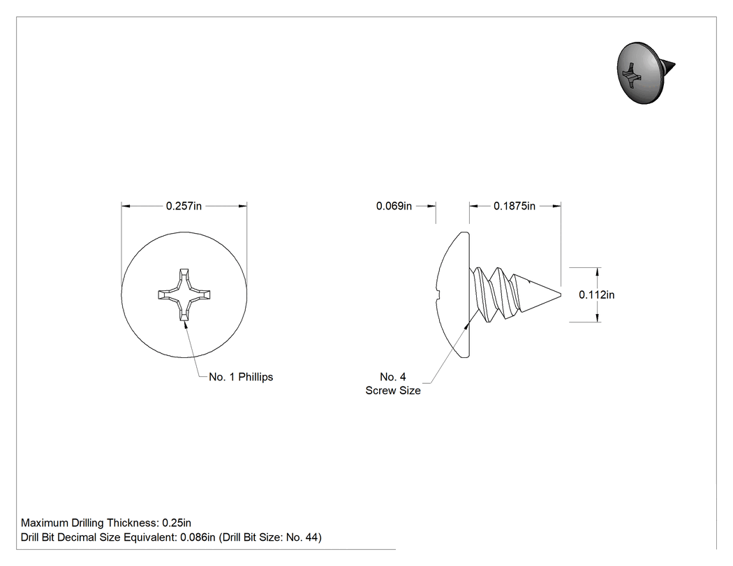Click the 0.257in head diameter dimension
184,206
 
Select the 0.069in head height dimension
394,206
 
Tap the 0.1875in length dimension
514,206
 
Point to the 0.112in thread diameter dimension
596,295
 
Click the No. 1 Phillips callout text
241,377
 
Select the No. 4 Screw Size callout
393,384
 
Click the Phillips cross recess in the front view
184,295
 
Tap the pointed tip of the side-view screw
560,295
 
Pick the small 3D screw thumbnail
646,73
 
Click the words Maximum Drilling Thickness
88,523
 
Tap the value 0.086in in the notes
198,537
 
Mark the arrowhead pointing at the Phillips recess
185,323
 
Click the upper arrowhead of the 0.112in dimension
598,272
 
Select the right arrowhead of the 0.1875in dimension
556,206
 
